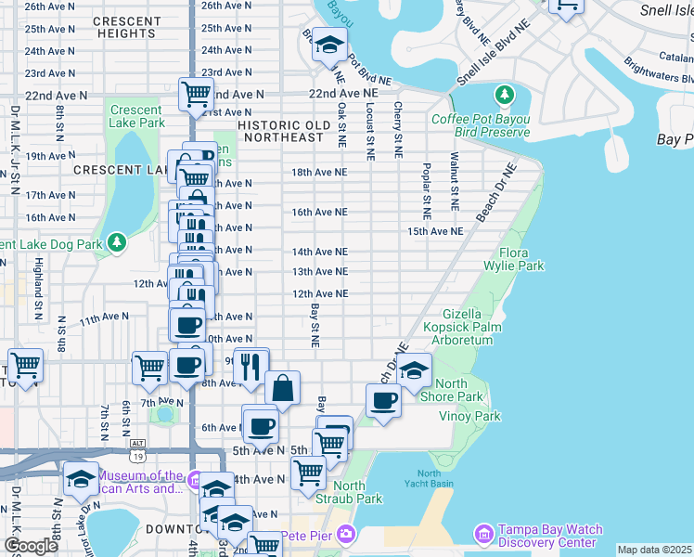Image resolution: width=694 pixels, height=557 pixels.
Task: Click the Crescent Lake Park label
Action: point(136,115)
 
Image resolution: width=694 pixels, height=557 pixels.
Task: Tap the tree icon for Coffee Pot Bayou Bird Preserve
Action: point(505,96)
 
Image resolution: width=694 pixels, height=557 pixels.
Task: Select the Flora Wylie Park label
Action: point(520,259)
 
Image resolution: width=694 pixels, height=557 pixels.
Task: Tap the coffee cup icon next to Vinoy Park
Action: point(382,401)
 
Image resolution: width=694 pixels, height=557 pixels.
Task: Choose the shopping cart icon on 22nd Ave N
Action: point(196,95)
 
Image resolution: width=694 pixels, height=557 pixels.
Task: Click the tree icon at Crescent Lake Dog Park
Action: point(116,243)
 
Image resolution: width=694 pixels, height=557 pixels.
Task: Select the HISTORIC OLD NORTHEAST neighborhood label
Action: point(283,131)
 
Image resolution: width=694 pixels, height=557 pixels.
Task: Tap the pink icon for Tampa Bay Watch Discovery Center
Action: point(482,534)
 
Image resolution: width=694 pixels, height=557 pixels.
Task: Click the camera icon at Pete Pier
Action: point(346,534)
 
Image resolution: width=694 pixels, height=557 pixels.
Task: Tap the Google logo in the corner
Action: point(31,546)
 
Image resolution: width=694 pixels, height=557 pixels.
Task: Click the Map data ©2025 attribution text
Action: point(654,550)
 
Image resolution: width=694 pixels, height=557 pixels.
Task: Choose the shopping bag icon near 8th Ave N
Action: point(282,388)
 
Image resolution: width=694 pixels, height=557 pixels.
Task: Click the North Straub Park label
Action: point(357,492)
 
